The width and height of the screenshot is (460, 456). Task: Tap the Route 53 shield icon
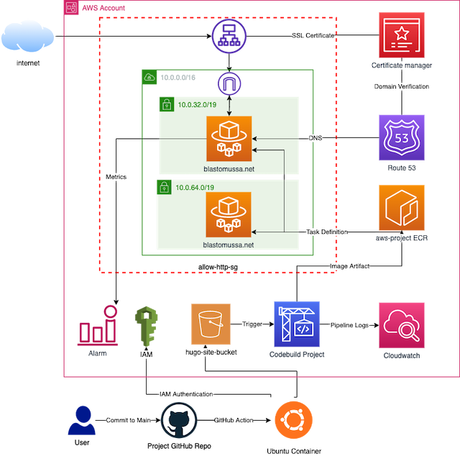(402, 137)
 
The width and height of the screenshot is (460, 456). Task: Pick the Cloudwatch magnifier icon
(401, 325)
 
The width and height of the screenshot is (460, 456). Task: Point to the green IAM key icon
(147, 327)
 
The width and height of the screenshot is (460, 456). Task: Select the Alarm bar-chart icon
(98, 327)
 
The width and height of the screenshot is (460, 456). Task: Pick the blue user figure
(82, 420)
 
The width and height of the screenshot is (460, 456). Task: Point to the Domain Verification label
(402, 86)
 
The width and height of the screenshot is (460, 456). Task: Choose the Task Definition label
(327, 232)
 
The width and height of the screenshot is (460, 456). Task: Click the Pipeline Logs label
(350, 325)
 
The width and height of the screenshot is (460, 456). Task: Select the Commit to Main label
(129, 419)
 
